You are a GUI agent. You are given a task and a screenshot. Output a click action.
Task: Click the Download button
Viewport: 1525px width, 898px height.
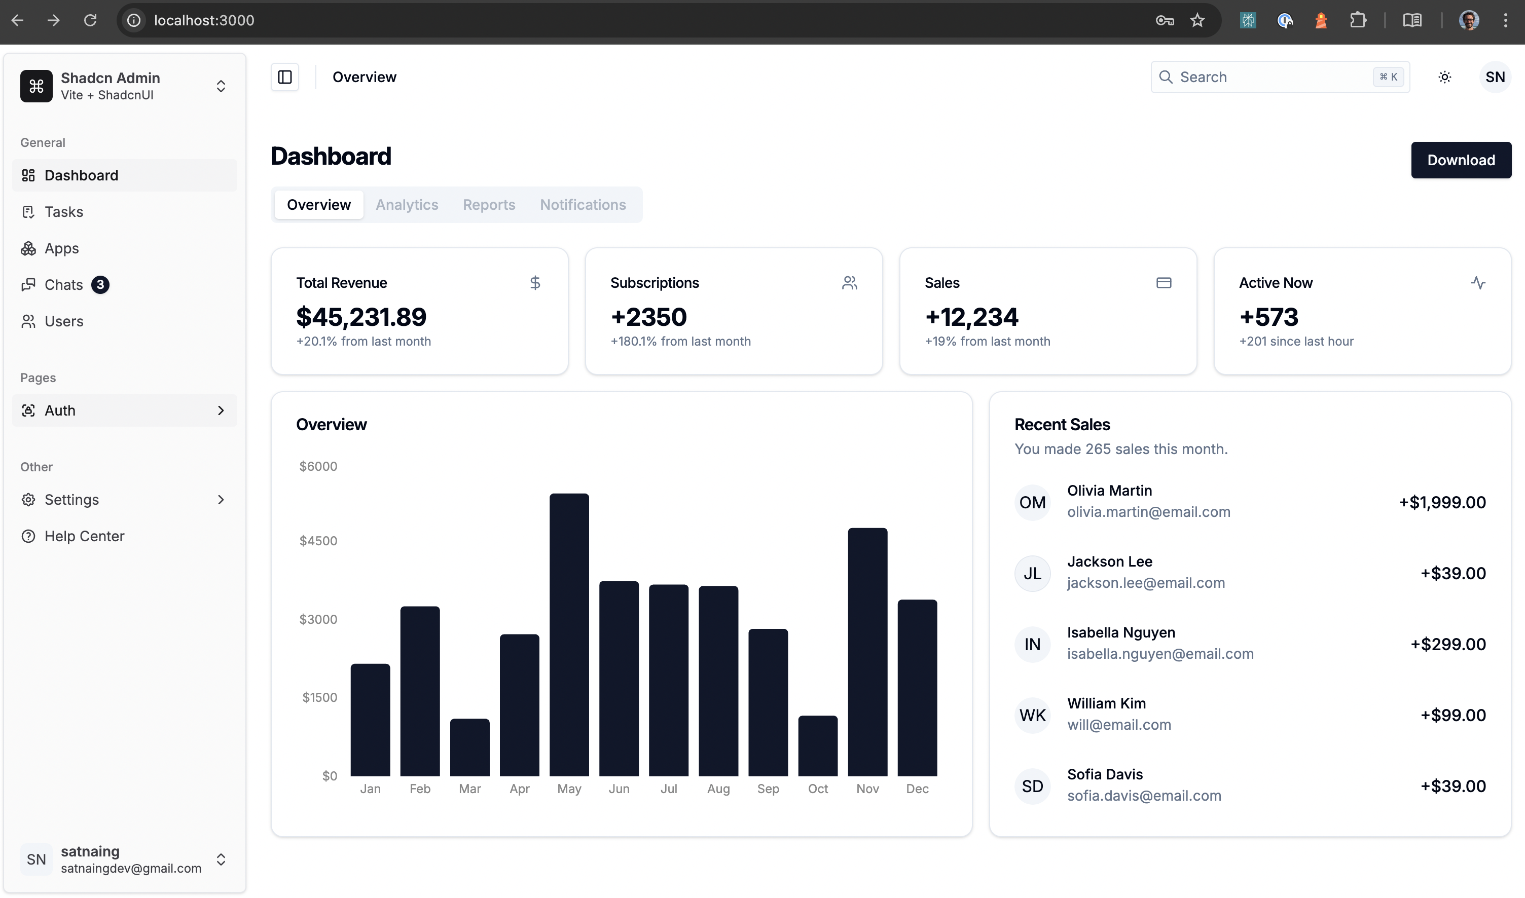tap(1460, 160)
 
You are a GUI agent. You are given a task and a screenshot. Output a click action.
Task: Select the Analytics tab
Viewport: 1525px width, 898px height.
tap(406, 205)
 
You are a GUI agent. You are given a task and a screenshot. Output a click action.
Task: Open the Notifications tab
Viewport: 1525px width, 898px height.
tap(583, 205)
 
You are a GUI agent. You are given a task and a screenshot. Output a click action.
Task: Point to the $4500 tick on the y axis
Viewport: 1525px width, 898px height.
tap(318, 540)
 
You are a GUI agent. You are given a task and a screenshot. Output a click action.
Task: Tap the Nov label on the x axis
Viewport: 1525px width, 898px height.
tap(867, 789)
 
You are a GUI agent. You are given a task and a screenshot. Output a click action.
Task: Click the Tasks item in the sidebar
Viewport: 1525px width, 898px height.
tap(63, 212)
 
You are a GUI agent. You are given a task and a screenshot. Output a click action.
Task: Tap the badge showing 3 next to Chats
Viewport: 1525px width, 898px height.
tap(100, 284)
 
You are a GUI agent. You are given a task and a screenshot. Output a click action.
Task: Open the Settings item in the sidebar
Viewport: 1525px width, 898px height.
tap(71, 499)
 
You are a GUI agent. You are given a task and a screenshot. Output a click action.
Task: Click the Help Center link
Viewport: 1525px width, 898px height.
tap(84, 536)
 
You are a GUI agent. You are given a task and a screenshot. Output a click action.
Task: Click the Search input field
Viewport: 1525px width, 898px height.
tap(1272, 77)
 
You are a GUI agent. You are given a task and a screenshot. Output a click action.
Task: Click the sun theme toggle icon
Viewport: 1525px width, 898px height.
tap(1444, 77)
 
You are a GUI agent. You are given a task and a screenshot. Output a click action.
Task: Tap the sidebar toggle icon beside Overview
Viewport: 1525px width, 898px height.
tap(284, 77)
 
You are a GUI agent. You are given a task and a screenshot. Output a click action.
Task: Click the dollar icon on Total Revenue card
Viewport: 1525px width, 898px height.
tap(534, 283)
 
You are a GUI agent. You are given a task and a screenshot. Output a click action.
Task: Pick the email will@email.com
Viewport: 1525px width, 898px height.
tap(1118, 724)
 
